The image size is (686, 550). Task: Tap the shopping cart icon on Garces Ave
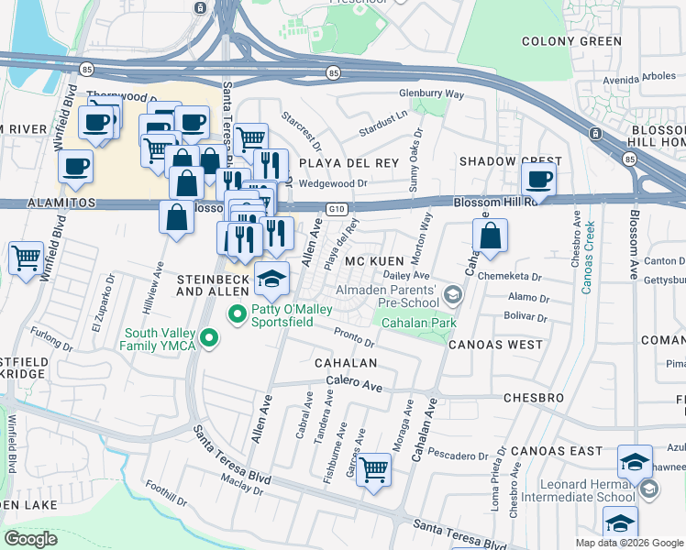coord(373,470)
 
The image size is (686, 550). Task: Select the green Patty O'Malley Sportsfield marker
coord(238,314)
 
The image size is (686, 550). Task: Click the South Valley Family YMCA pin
coord(210,339)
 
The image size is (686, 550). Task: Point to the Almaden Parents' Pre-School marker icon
coord(451,294)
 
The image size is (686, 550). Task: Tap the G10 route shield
coord(337,208)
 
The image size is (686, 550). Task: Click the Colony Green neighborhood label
coord(571,41)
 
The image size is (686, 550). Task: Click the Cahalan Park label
coord(420,322)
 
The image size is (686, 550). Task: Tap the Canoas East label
coord(557,450)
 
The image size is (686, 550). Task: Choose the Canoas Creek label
coord(587,257)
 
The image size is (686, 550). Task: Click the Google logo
coord(31,538)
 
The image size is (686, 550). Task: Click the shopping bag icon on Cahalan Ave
coord(491,236)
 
